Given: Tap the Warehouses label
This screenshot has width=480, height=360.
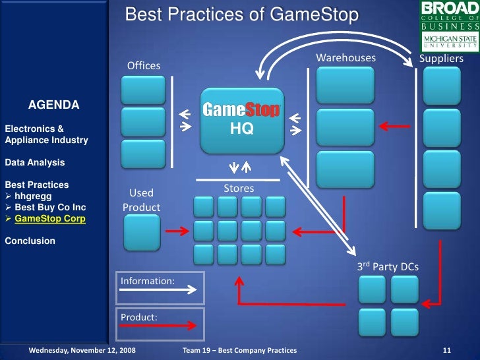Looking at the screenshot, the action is [345, 58].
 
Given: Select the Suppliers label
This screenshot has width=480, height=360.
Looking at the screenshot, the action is [441, 59].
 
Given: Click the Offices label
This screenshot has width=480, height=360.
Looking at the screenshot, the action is [144, 65].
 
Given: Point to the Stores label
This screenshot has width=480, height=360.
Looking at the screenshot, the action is [239, 189].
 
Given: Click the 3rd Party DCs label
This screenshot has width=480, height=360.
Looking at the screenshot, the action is [388, 267].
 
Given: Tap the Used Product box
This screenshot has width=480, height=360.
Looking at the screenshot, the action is [142, 233].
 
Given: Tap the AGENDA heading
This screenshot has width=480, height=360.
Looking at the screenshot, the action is [53, 105].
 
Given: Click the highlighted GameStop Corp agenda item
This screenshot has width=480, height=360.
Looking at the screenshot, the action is [49, 218].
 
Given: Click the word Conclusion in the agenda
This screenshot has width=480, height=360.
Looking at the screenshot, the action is [30, 241].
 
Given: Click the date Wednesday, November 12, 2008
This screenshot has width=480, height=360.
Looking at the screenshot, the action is [82, 349].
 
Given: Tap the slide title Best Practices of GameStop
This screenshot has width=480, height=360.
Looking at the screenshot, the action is [242, 15].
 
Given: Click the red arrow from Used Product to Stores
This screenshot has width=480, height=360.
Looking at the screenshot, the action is [177, 231].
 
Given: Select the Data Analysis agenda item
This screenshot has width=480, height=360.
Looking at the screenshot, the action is [34, 162].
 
